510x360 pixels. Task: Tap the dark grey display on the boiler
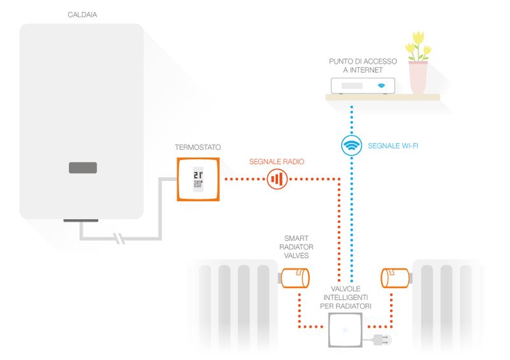point(83,168)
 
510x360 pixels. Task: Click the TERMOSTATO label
point(198,147)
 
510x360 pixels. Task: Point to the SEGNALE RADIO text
point(277,162)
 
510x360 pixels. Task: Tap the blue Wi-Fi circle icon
point(351,146)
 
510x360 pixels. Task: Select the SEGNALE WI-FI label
point(393,146)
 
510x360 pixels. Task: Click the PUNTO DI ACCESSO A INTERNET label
point(362,66)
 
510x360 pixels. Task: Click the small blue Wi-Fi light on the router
point(381,85)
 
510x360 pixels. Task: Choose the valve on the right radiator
point(395,278)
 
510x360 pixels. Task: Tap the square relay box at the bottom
point(346,331)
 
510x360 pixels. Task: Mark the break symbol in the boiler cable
point(118,240)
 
